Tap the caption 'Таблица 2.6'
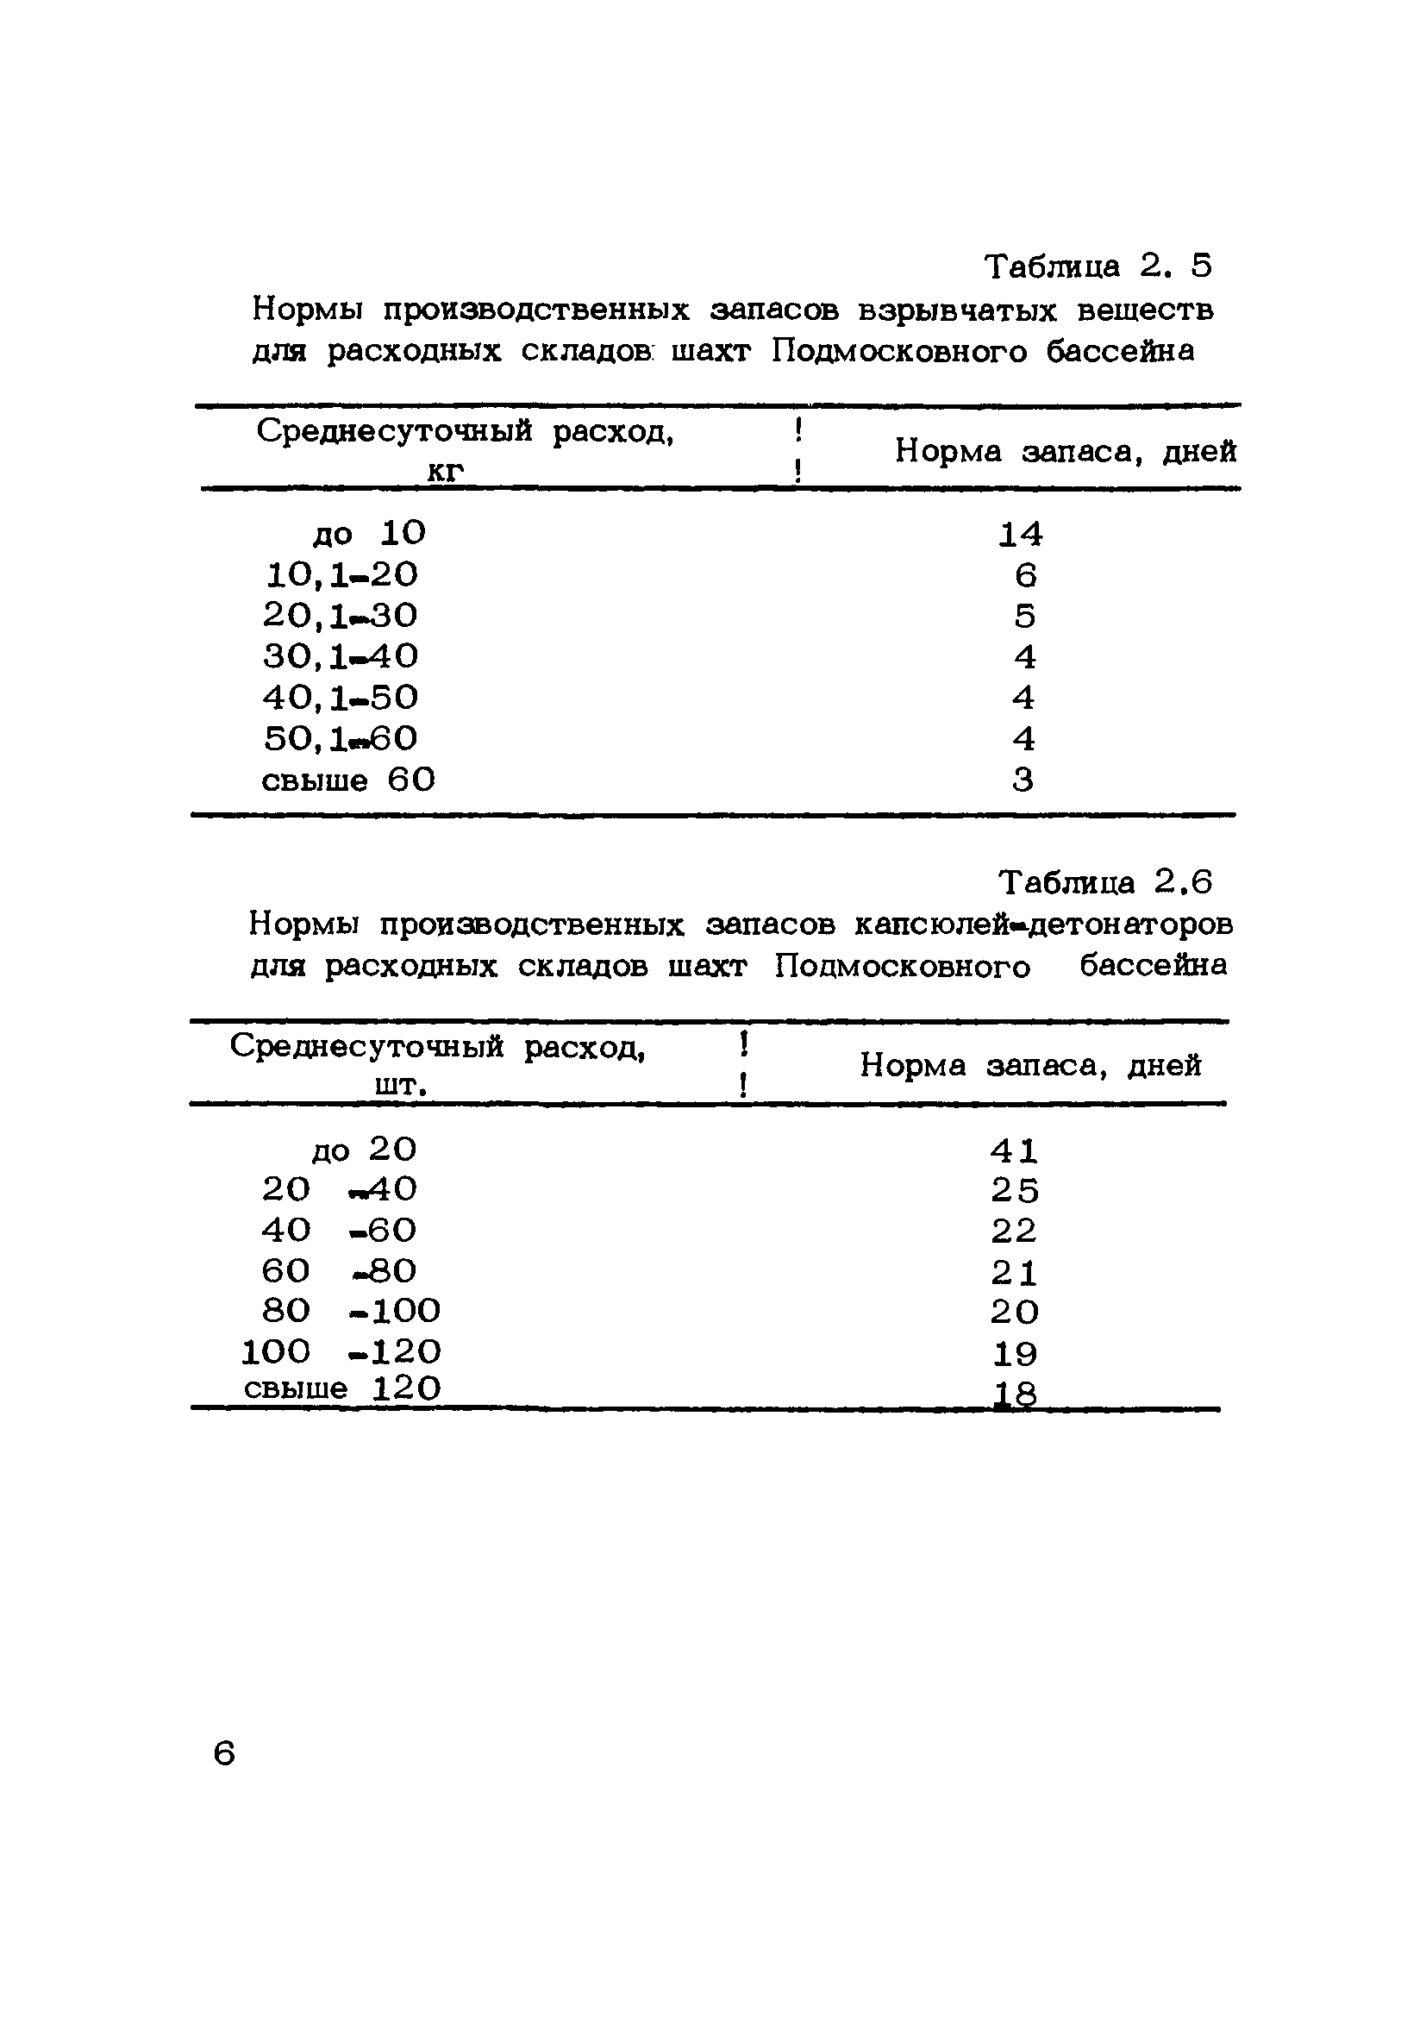point(1105,882)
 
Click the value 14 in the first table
point(1019,534)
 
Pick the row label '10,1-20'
point(341,575)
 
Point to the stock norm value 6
point(1025,576)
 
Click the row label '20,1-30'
point(340,615)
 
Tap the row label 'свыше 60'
point(347,780)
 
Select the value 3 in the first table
point(1023,780)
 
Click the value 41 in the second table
point(1014,1150)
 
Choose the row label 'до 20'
point(364,1150)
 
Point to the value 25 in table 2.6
point(1015,1191)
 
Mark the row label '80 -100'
point(351,1311)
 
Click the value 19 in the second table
point(1015,1353)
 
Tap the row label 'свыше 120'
point(341,1388)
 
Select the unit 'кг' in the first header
point(446,471)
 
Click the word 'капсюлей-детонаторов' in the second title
point(1043,924)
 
